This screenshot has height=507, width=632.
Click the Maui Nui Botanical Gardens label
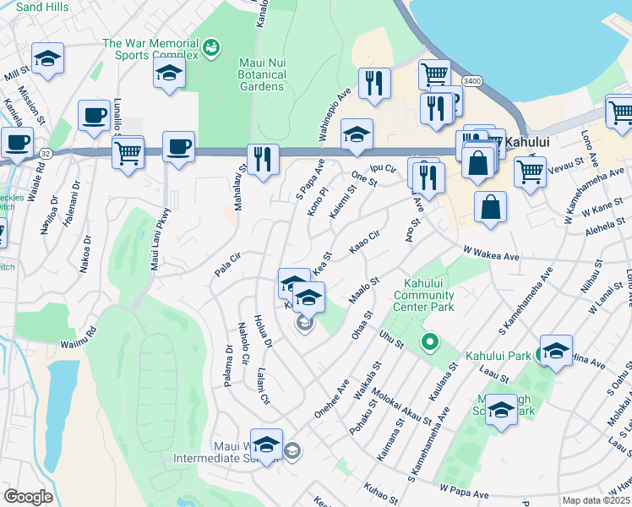(x=261, y=75)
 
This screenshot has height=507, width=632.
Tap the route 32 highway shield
(x=46, y=154)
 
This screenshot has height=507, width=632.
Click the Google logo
(x=28, y=497)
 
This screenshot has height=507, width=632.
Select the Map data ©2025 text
(x=597, y=500)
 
